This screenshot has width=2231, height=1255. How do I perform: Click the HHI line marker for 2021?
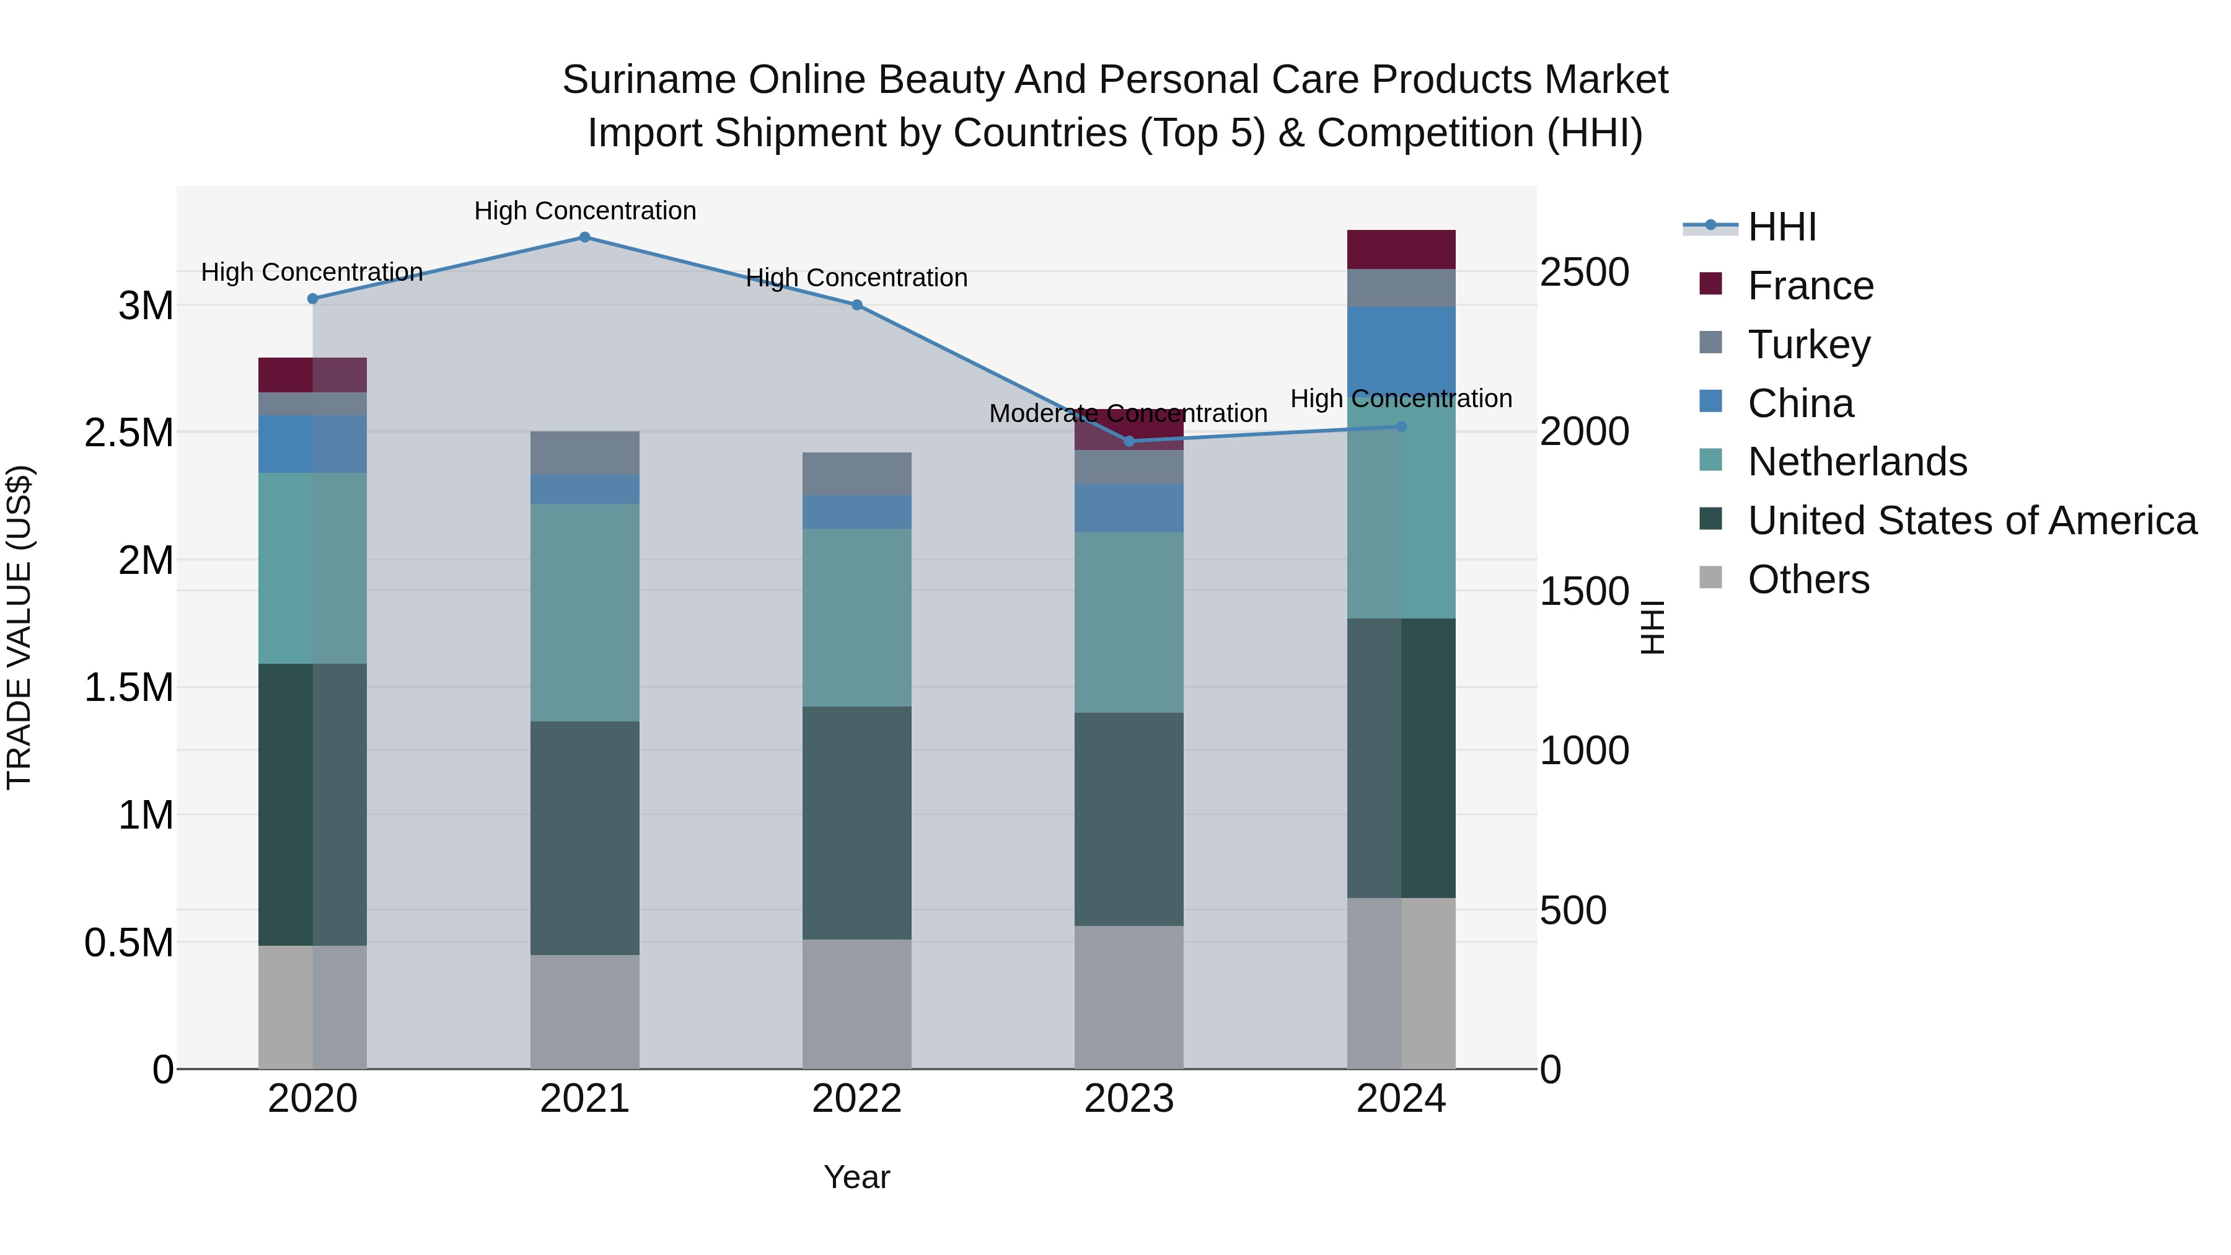pos(584,237)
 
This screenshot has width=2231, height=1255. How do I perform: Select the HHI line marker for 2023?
pos(1129,442)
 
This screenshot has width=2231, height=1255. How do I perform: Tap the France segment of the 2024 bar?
pos(1401,249)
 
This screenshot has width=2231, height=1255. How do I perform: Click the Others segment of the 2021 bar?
pos(584,1011)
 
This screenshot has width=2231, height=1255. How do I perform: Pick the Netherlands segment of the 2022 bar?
pos(856,617)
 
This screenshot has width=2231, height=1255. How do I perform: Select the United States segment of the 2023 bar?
pos(1129,819)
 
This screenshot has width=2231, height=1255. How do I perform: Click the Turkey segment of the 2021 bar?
pos(584,453)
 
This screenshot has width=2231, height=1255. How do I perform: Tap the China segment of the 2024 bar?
pos(1401,346)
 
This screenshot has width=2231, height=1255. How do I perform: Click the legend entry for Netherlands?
pos(1856,462)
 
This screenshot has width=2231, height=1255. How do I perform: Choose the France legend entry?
pos(1810,286)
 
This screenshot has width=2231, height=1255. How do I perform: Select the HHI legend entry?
pos(1780,227)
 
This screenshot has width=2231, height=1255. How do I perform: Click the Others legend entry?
pos(1808,579)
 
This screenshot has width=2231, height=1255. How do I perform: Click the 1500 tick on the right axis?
pos(1584,592)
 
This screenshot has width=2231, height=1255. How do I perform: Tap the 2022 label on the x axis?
pos(856,1099)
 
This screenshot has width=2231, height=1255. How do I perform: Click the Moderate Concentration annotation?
pos(1128,414)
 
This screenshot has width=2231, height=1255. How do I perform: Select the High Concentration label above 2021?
pos(584,211)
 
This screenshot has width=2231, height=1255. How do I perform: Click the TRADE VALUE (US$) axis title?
pos(19,627)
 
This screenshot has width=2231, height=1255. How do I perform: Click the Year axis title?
pos(856,1177)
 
